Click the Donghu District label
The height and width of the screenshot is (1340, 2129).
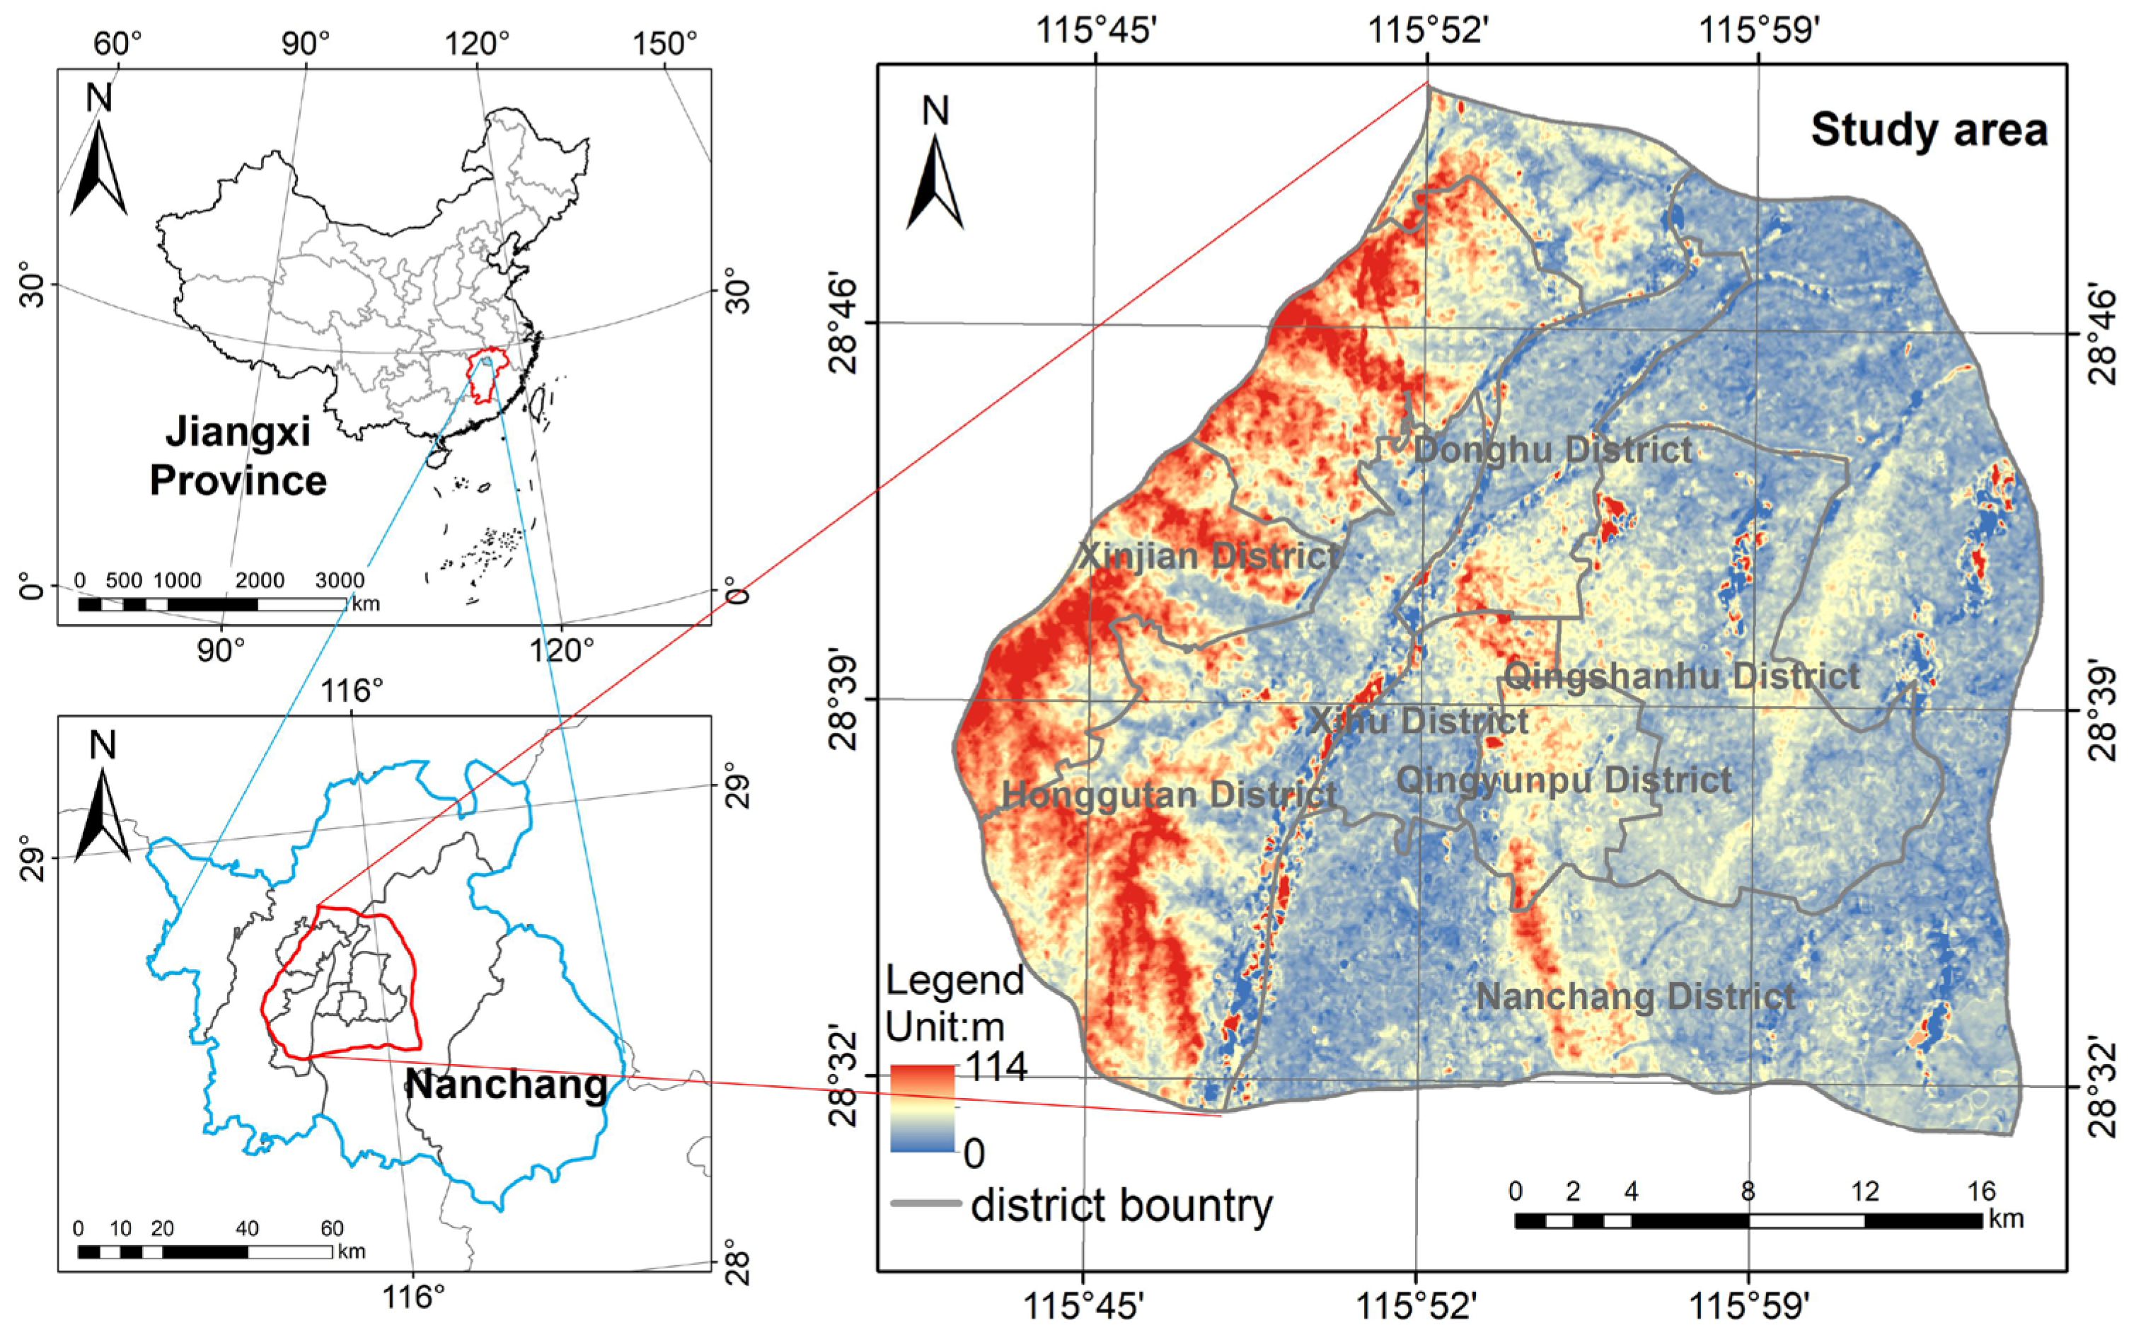coord(1552,450)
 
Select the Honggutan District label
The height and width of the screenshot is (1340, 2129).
coord(1169,795)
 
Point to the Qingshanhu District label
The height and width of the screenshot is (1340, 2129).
coord(1682,677)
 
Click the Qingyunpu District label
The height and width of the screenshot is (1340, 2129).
coord(1563,780)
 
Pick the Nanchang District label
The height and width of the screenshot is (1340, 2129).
coord(1636,997)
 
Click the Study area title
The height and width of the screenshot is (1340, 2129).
coord(1929,131)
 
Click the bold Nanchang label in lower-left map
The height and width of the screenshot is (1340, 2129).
coord(507,1085)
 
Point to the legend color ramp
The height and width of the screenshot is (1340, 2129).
coord(922,1107)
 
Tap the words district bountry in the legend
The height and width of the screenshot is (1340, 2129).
coord(1121,1205)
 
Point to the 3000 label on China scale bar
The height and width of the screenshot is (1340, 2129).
coord(340,581)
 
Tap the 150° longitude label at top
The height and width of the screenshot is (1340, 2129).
coord(666,43)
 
